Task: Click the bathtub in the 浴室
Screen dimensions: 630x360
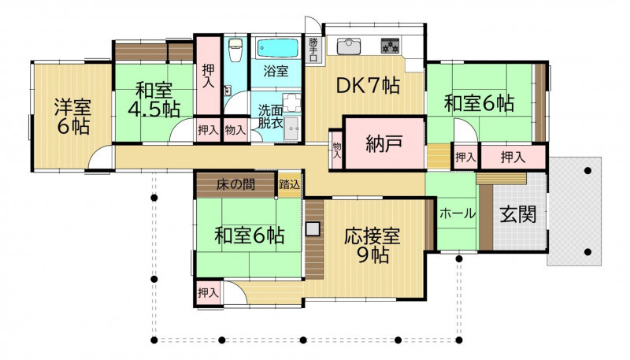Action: [277, 48]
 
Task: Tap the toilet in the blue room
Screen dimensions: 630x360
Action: [235, 50]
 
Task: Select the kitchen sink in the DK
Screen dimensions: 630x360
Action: [349, 46]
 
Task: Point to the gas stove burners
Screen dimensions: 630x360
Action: [391, 46]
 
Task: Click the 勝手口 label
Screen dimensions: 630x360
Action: [313, 50]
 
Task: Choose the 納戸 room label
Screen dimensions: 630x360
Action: [384, 143]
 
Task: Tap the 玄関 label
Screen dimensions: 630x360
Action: [518, 213]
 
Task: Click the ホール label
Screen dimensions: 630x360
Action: [458, 213]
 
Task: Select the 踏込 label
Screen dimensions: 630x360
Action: [290, 184]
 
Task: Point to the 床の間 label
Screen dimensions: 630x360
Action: [235, 184]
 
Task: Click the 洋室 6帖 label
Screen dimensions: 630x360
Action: [73, 117]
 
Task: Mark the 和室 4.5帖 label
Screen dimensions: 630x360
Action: [154, 99]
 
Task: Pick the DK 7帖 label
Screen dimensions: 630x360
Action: [368, 86]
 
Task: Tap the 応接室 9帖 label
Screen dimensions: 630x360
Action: [372, 245]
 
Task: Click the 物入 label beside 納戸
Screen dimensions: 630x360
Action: [337, 150]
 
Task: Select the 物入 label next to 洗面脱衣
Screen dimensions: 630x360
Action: [235, 130]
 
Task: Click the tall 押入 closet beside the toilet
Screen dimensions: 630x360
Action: [208, 76]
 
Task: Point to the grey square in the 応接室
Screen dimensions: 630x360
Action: [313, 229]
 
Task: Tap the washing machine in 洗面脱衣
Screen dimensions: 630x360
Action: [292, 128]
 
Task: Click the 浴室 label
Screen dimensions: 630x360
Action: [276, 72]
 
